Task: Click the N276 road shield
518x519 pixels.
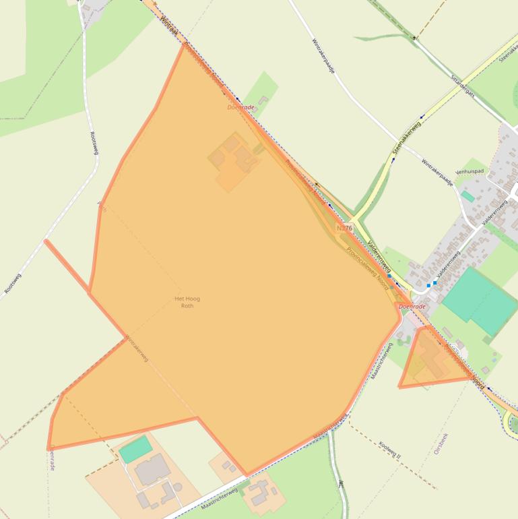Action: pos(344,228)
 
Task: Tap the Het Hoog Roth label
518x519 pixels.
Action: pos(187,302)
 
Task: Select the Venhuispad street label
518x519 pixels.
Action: pos(470,172)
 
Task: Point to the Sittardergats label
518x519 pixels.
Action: pos(463,86)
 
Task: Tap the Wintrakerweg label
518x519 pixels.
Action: pos(137,348)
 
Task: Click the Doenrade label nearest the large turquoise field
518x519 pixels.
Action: pos(412,307)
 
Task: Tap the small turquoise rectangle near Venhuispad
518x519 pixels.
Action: pos(467,196)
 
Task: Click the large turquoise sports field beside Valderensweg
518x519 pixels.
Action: pos(480,300)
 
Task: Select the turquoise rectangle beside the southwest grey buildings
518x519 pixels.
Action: pos(135,449)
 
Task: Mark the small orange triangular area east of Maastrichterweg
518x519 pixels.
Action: pos(429,361)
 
